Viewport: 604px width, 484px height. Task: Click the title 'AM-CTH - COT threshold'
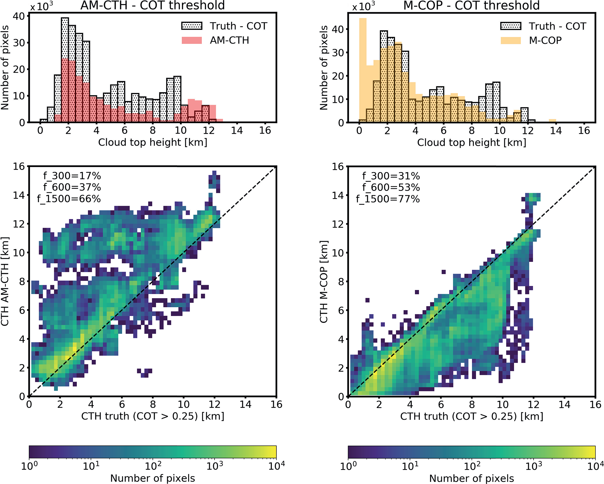pyautogui.click(x=153, y=5)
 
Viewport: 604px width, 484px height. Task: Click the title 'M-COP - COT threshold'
pyautogui.click(x=471, y=5)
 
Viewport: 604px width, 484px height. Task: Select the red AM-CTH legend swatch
pyautogui.click(x=192, y=40)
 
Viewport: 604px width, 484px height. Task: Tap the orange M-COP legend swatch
pyautogui.click(x=510, y=40)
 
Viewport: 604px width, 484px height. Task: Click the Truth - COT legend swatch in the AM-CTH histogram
pyautogui.click(x=192, y=26)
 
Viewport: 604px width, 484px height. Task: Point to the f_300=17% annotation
pyautogui.click(x=72, y=176)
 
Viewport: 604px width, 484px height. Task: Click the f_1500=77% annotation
pyautogui.click(x=388, y=199)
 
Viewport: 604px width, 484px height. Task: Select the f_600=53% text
pyautogui.click(x=391, y=187)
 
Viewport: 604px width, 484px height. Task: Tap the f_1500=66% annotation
pyautogui.click(x=69, y=199)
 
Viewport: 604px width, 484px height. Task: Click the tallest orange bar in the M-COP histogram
pyautogui.click(x=363, y=70)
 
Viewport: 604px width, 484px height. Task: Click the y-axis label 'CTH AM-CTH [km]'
pyautogui.click(x=5, y=281)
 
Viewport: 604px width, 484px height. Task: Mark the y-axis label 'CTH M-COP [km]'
pyautogui.click(x=323, y=282)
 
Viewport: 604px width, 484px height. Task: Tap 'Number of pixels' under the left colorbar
pyautogui.click(x=153, y=478)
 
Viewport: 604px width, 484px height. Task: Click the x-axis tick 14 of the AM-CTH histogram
pyautogui.click(x=237, y=130)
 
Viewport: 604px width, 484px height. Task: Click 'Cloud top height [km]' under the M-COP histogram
pyautogui.click(x=471, y=143)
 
